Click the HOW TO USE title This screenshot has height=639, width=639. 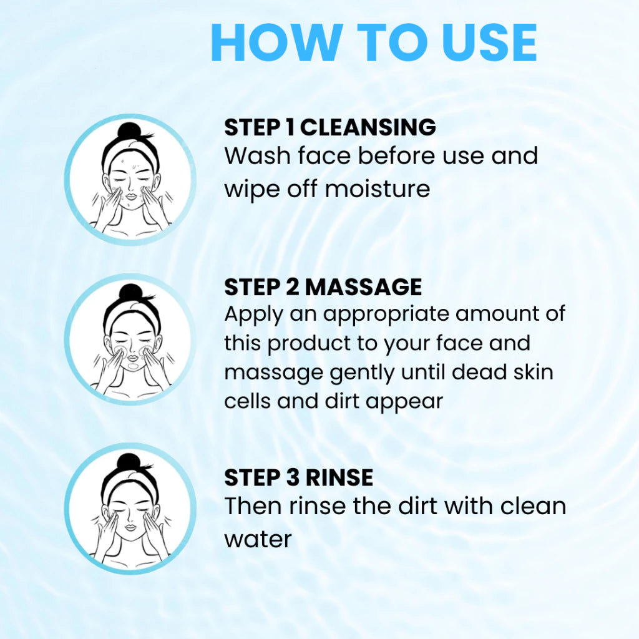[374, 43]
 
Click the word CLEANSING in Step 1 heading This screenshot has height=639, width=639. [368, 127]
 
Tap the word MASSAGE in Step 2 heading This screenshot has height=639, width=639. [364, 287]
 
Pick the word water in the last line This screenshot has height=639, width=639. [258, 539]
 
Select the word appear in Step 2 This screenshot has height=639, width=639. [404, 402]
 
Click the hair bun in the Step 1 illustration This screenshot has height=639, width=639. [131, 132]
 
